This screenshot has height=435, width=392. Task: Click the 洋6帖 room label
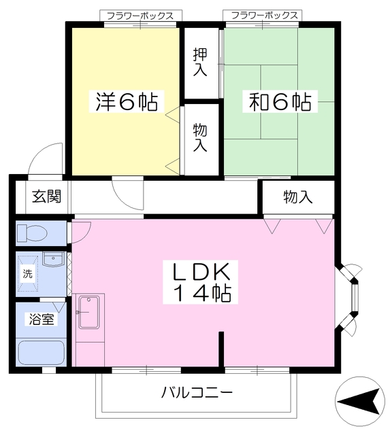126,103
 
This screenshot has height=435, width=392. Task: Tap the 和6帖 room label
280,103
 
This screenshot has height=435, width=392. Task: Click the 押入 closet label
200,61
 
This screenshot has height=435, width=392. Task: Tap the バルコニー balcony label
197,392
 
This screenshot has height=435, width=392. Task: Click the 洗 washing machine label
28,275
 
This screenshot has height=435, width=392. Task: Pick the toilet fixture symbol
31,234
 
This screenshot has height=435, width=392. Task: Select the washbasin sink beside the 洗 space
53,260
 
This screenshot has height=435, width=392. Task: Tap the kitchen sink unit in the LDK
89,312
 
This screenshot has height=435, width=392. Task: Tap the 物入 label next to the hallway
297,197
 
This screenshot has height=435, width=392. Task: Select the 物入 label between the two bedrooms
200,138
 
